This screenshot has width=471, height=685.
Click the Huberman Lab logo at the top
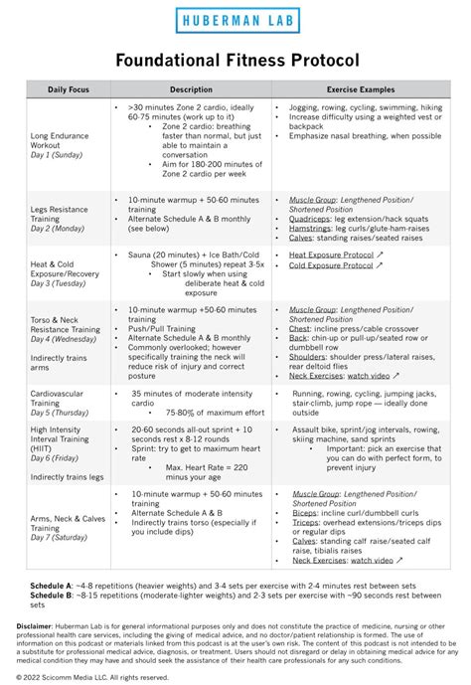click(235, 19)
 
